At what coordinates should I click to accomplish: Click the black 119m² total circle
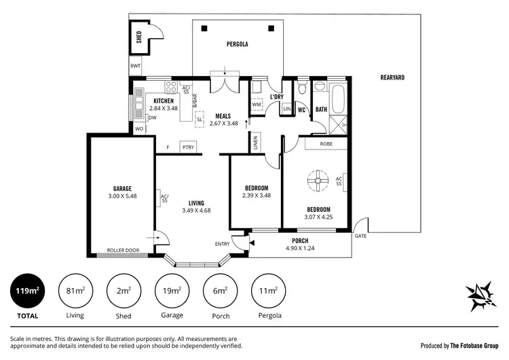click(27, 292)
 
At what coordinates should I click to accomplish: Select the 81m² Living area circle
click(75, 292)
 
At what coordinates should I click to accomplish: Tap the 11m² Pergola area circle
click(268, 292)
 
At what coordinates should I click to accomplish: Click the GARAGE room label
click(122, 188)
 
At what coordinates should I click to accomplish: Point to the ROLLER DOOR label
click(123, 250)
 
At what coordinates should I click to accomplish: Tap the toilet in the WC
click(303, 88)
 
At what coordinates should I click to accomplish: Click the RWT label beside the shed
click(136, 67)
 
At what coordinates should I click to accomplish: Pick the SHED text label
click(139, 37)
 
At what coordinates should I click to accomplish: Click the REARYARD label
click(392, 78)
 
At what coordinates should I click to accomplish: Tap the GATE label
click(360, 236)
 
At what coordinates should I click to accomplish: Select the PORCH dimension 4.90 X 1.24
click(299, 248)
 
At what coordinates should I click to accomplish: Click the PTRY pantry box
click(187, 147)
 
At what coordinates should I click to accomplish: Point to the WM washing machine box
click(257, 105)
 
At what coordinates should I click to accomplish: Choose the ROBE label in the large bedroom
click(326, 143)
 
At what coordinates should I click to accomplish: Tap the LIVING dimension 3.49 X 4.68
click(197, 211)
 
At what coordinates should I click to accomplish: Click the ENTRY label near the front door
click(222, 244)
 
